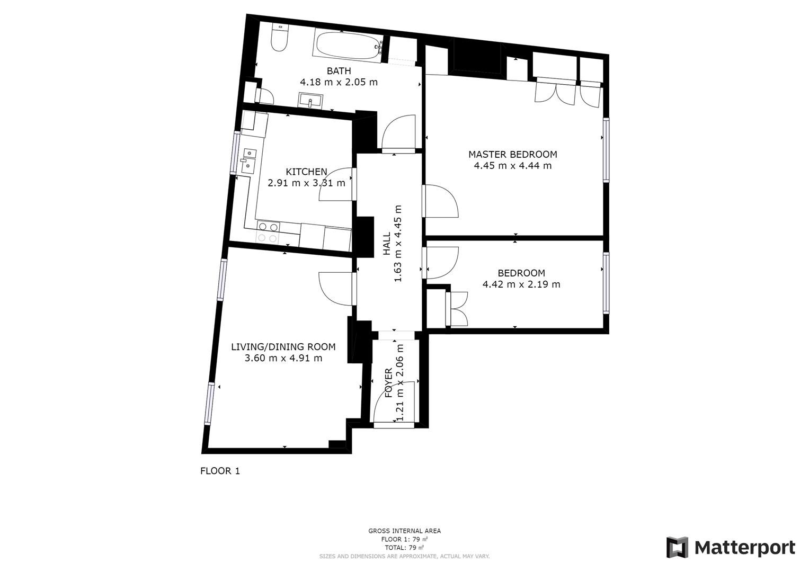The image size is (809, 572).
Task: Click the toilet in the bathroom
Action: click(279, 38)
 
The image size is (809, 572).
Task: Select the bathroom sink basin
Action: click(310, 100)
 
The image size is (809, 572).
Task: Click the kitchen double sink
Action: click(248, 160)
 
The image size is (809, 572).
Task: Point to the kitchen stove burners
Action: click(268, 233)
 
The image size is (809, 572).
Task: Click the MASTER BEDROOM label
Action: click(512, 155)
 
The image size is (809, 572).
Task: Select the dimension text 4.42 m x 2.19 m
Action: click(521, 284)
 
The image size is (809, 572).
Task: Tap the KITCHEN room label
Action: click(306, 172)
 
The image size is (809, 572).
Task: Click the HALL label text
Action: click(387, 244)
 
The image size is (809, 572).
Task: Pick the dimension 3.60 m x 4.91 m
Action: click(283, 358)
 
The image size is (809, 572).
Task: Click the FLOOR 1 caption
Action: click(220, 471)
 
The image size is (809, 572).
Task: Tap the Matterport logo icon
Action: click(677, 547)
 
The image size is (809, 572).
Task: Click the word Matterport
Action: click(744, 547)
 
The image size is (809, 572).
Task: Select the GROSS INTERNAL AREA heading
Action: click(404, 531)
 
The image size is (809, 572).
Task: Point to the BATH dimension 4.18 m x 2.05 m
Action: click(339, 82)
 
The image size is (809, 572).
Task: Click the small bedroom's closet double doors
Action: click(457, 309)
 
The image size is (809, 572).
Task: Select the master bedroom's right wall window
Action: click(606, 150)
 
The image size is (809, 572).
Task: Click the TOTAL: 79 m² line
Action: click(404, 548)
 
